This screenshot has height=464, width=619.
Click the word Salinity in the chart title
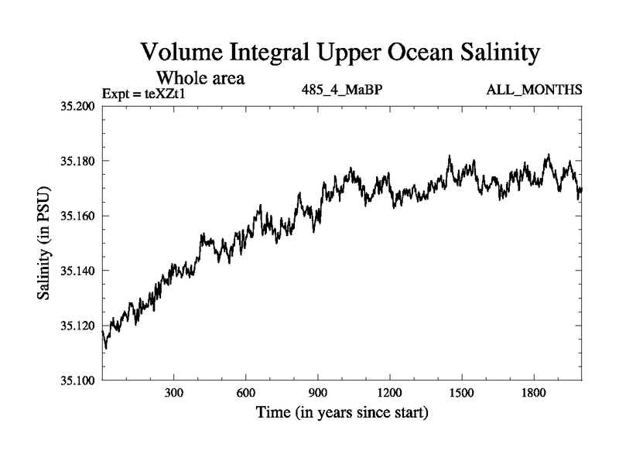point(494,53)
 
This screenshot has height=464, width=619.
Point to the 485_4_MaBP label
point(343,90)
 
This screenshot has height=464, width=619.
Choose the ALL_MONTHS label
point(534,90)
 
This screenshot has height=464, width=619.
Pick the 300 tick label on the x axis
point(174,393)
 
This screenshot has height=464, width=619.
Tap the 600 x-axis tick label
point(246,393)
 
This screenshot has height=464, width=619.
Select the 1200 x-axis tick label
point(390,393)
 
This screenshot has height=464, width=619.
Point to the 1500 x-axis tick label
point(462,393)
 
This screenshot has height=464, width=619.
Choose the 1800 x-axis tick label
point(534,393)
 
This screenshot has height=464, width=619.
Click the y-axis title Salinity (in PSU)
point(44,243)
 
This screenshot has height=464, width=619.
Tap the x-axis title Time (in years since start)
point(342,413)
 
